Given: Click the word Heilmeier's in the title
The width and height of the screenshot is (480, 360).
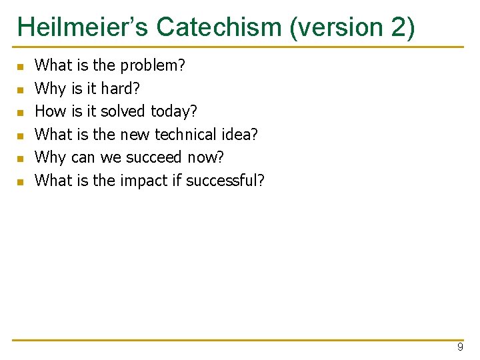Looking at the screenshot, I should (83, 27).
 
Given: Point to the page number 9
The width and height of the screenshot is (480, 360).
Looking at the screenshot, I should (460, 348).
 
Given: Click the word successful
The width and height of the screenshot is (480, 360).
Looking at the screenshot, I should (225, 180).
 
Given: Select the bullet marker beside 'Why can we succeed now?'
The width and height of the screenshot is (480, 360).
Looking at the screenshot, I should (20, 159).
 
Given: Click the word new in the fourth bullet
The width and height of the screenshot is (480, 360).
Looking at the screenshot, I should (135, 135).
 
